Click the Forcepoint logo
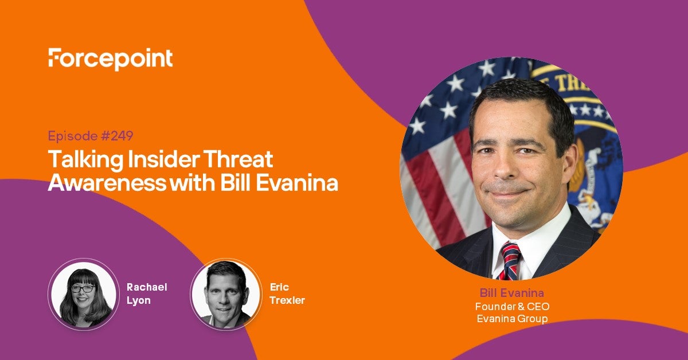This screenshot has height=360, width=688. pos(111,59)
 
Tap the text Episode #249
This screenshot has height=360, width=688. pos(91,136)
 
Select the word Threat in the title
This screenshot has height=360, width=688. pos(239,159)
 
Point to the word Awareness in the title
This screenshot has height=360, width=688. pos(107,183)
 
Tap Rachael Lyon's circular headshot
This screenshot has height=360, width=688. pos(84,294)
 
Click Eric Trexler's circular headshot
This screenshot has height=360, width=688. pos(226,294)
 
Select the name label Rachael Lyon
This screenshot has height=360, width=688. pos(147,294)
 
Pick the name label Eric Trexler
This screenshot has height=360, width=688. pos(287,294)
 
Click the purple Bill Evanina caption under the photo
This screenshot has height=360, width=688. pos(511,293)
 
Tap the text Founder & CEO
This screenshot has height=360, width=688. pos(512,306)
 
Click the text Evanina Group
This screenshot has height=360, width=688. pos(512,319)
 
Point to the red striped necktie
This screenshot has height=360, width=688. pos(510,261)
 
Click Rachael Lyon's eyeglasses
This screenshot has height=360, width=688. pos(83,289)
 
